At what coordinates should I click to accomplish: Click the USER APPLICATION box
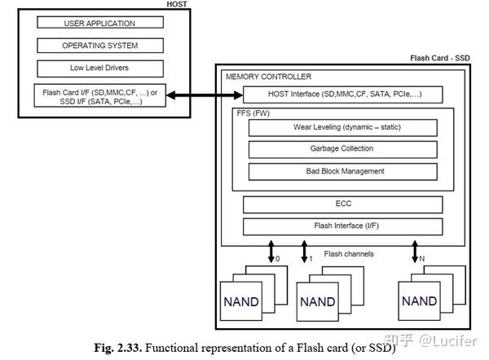pyautogui.click(x=99, y=23)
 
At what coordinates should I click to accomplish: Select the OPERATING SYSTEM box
pyautogui.click(x=99, y=46)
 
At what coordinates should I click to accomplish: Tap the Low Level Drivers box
pyautogui.click(x=99, y=68)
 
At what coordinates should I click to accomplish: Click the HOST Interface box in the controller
pyautogui.click(x=342, y=96)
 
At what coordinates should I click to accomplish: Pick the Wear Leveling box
pyautogui.click(x=341, y=128)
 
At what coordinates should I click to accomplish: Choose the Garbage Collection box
pyautogui.click(x=341, y=149)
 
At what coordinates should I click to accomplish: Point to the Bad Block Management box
pyautogui.click(x=341, y=171)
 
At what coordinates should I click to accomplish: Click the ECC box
pyautogui.click(x=341, y=204)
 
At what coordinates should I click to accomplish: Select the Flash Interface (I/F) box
pyautogui.click(x=341, y=226)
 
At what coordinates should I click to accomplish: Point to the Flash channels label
pyautogui.click(x=348, y=253)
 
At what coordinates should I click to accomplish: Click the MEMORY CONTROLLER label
pyautogui.click(x=268, y=77)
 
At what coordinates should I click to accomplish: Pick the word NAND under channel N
pyautogui.click(x=419, y=301)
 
